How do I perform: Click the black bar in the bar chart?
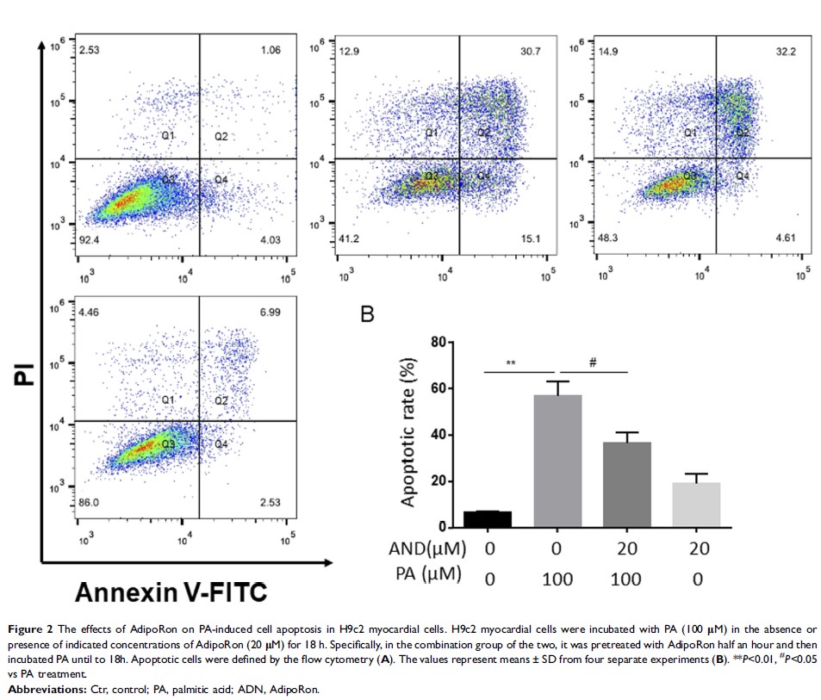[488, 518]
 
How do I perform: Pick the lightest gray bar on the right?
[696, 505]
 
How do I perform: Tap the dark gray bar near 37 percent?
[627, 484]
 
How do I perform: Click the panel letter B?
[367, 314]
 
